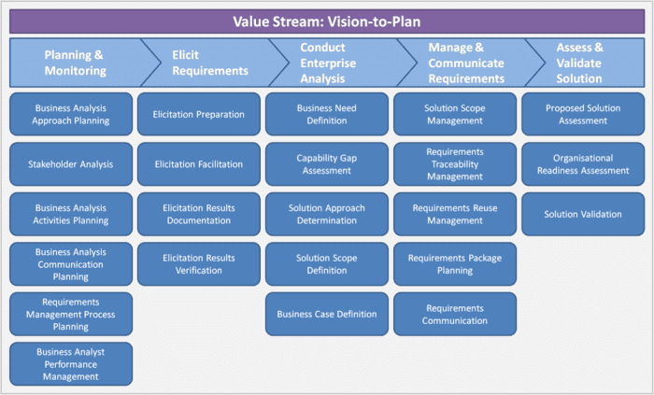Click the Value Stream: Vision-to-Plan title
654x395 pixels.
coord(327,21)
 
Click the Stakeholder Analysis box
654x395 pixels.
coord(71,164)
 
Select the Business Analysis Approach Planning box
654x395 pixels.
coord(71,114)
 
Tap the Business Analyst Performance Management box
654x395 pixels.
coord(71,364)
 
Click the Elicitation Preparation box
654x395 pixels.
coord(199,114)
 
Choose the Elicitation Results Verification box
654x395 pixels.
coord(199,264)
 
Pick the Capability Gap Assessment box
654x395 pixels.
coord(327,164)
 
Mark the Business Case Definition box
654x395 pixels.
coord(327,314)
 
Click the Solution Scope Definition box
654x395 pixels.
coord(327,264)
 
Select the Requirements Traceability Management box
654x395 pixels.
coord(455,164)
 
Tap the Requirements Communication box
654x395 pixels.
coord(455,314)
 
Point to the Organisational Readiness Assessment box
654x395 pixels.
coord(583,164)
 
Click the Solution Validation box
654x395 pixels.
coord(583,214)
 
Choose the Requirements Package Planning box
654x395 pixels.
coord(455,264)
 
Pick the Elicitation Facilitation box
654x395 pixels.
coord(199,164)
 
